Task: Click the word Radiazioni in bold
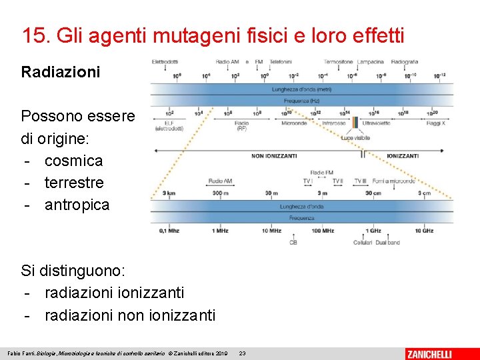61,72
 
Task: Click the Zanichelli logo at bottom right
439,353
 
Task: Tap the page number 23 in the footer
242,353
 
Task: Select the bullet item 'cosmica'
73,161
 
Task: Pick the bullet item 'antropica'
77,205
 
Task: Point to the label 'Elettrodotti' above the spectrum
165,62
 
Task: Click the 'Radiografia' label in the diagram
405,62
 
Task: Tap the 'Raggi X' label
435,123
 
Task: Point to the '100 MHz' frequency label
323,231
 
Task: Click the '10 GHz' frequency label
424,231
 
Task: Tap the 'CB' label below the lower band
293,243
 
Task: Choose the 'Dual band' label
388,243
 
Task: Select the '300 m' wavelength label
221,193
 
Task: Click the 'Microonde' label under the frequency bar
293,123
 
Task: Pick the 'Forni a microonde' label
394,181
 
